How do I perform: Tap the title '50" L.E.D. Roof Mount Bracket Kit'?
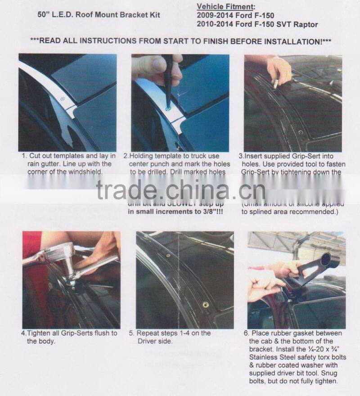pyautogui.click(x=98, y=15)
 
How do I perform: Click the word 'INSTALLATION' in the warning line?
pyautogui.click(x=292, y=41)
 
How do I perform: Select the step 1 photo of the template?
pyautogui.click(x=67, y=103)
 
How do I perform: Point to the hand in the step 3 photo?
pyautogui.click(x=279, y=70)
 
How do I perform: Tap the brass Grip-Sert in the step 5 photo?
pyautogui.click(x=206, y=305)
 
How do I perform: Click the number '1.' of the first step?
pyautogui.click(x=24, y=156)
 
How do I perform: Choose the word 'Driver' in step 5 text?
pyautogui.click(x=152, y=341)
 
